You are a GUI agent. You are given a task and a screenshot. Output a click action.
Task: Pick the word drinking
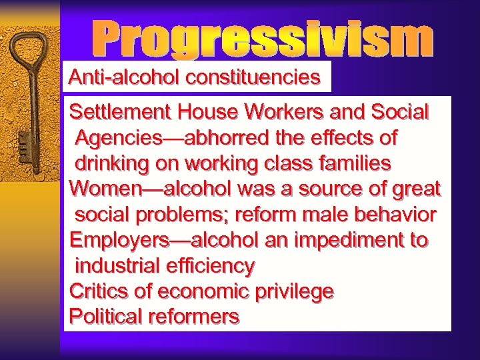[111, 163]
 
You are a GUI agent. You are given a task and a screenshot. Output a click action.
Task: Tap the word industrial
[115, 266]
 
